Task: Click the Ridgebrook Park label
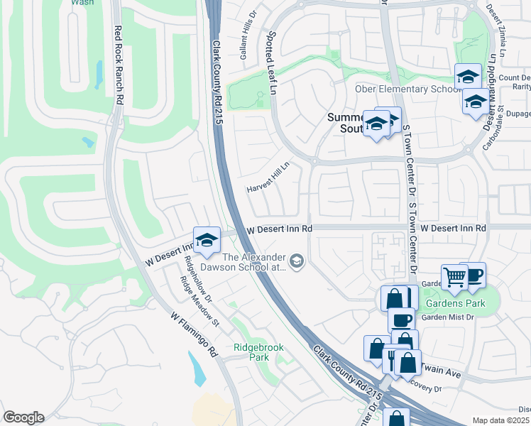coord(252,354)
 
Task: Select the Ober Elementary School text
coord(409,89)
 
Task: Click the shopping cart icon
coord(454,276)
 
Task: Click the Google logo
coord(23,417)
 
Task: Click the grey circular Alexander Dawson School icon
coord(297,262)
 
